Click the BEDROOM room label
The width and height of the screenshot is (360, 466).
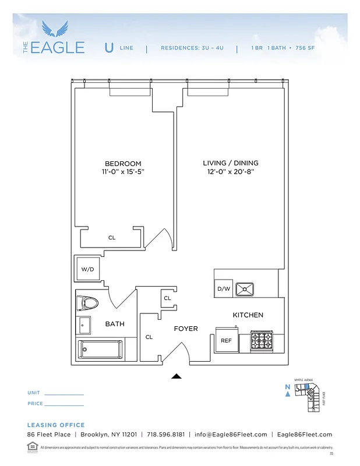pyautogui.click(x=122, y=164)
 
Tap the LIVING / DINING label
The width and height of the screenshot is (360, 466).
pyautogui.click(x=231, y=163)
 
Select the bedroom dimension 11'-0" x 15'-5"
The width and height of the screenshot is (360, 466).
pyautogui.click(x=122, y=172)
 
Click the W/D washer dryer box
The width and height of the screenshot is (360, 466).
pyautogui.click(x=88, y=269)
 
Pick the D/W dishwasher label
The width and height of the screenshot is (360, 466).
pyautogui.click(x=224, y=288)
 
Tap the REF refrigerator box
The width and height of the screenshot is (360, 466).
pyautogui.click(x=227, y=341)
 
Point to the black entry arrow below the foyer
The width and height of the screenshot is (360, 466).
pyautogui.click(x=177, y=376)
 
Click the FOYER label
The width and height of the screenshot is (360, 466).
pyautogui.click(x=186, y=329)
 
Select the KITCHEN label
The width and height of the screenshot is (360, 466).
pyautogui.click(x=248, y=315)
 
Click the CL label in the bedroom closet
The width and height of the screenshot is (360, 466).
pyautogui.click(x=112, y=238)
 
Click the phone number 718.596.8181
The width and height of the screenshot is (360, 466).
pyautogui.click(x=166, y=435)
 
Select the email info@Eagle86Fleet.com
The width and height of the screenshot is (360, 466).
pyautogui.click(x=231, y=435)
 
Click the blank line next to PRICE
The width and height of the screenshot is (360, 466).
pyautogui.click(x=64, y=405)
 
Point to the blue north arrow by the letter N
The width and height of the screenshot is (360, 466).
pyautogui.click(x=288, y=394)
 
